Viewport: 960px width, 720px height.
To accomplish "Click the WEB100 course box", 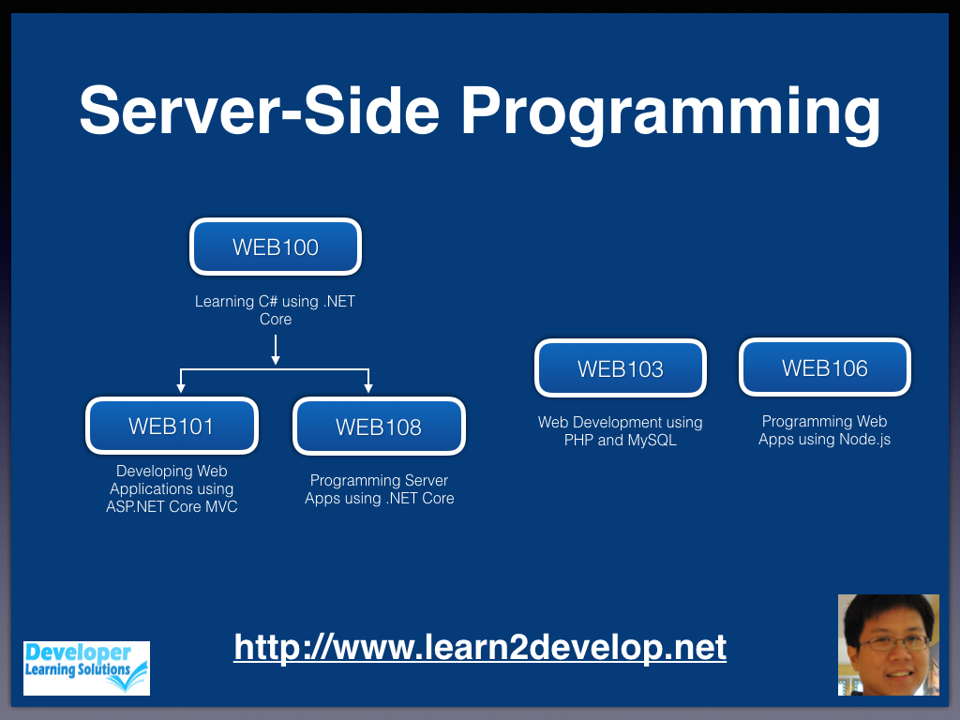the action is click(276, 247).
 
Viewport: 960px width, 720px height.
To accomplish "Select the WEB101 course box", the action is click(172, 427).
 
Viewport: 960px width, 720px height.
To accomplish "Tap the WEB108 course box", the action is click(379, 427).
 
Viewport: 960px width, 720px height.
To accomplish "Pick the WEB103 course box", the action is click(621, 368).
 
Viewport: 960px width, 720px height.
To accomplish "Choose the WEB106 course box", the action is click(825, 367).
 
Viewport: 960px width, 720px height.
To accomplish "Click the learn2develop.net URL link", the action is click(480, 647).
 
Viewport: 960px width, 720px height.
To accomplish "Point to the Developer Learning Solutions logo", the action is click(86, 667).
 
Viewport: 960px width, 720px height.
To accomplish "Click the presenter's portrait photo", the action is click(889, 645).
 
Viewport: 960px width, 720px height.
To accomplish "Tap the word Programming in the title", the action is click(670, 112).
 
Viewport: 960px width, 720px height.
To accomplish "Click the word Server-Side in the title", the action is click(260, 111).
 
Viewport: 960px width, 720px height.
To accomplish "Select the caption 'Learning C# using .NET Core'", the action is click(275, 310).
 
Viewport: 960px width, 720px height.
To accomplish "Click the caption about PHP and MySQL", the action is click(621, 431).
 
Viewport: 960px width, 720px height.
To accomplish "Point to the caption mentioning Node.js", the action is click(825, 430).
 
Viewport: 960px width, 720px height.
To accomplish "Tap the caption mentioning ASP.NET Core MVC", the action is click(172, 488).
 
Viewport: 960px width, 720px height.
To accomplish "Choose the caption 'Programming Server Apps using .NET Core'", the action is click(379, 489).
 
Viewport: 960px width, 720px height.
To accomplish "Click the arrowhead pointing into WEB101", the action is click(181, 388).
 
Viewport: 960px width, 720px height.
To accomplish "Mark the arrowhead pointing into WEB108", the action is click(367, 388).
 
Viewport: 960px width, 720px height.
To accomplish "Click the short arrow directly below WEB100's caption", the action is click(276, 351).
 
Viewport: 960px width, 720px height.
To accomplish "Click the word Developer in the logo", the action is click(78, 652).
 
